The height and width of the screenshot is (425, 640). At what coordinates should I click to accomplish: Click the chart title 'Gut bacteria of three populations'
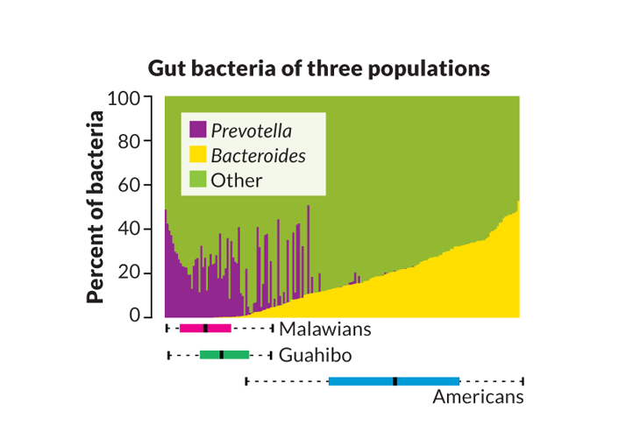318,68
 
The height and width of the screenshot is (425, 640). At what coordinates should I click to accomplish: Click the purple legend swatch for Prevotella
197,131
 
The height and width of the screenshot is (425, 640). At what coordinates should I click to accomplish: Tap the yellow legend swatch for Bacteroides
197,155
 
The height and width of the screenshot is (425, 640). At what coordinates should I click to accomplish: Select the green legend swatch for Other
197,180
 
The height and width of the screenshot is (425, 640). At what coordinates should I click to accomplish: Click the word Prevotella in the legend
252,131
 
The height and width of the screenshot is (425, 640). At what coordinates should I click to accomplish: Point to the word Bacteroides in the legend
258,155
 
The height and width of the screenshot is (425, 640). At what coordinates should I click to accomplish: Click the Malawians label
325,329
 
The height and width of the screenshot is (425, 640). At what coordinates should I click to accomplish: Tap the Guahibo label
316,355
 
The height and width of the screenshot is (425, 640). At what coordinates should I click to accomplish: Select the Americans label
478,397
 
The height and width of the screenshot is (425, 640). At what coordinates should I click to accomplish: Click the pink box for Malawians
205,328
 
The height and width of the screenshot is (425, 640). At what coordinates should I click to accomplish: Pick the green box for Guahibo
224,354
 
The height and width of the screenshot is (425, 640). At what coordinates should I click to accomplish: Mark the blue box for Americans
394,380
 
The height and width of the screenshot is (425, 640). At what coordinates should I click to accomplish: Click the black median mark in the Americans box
395,380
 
